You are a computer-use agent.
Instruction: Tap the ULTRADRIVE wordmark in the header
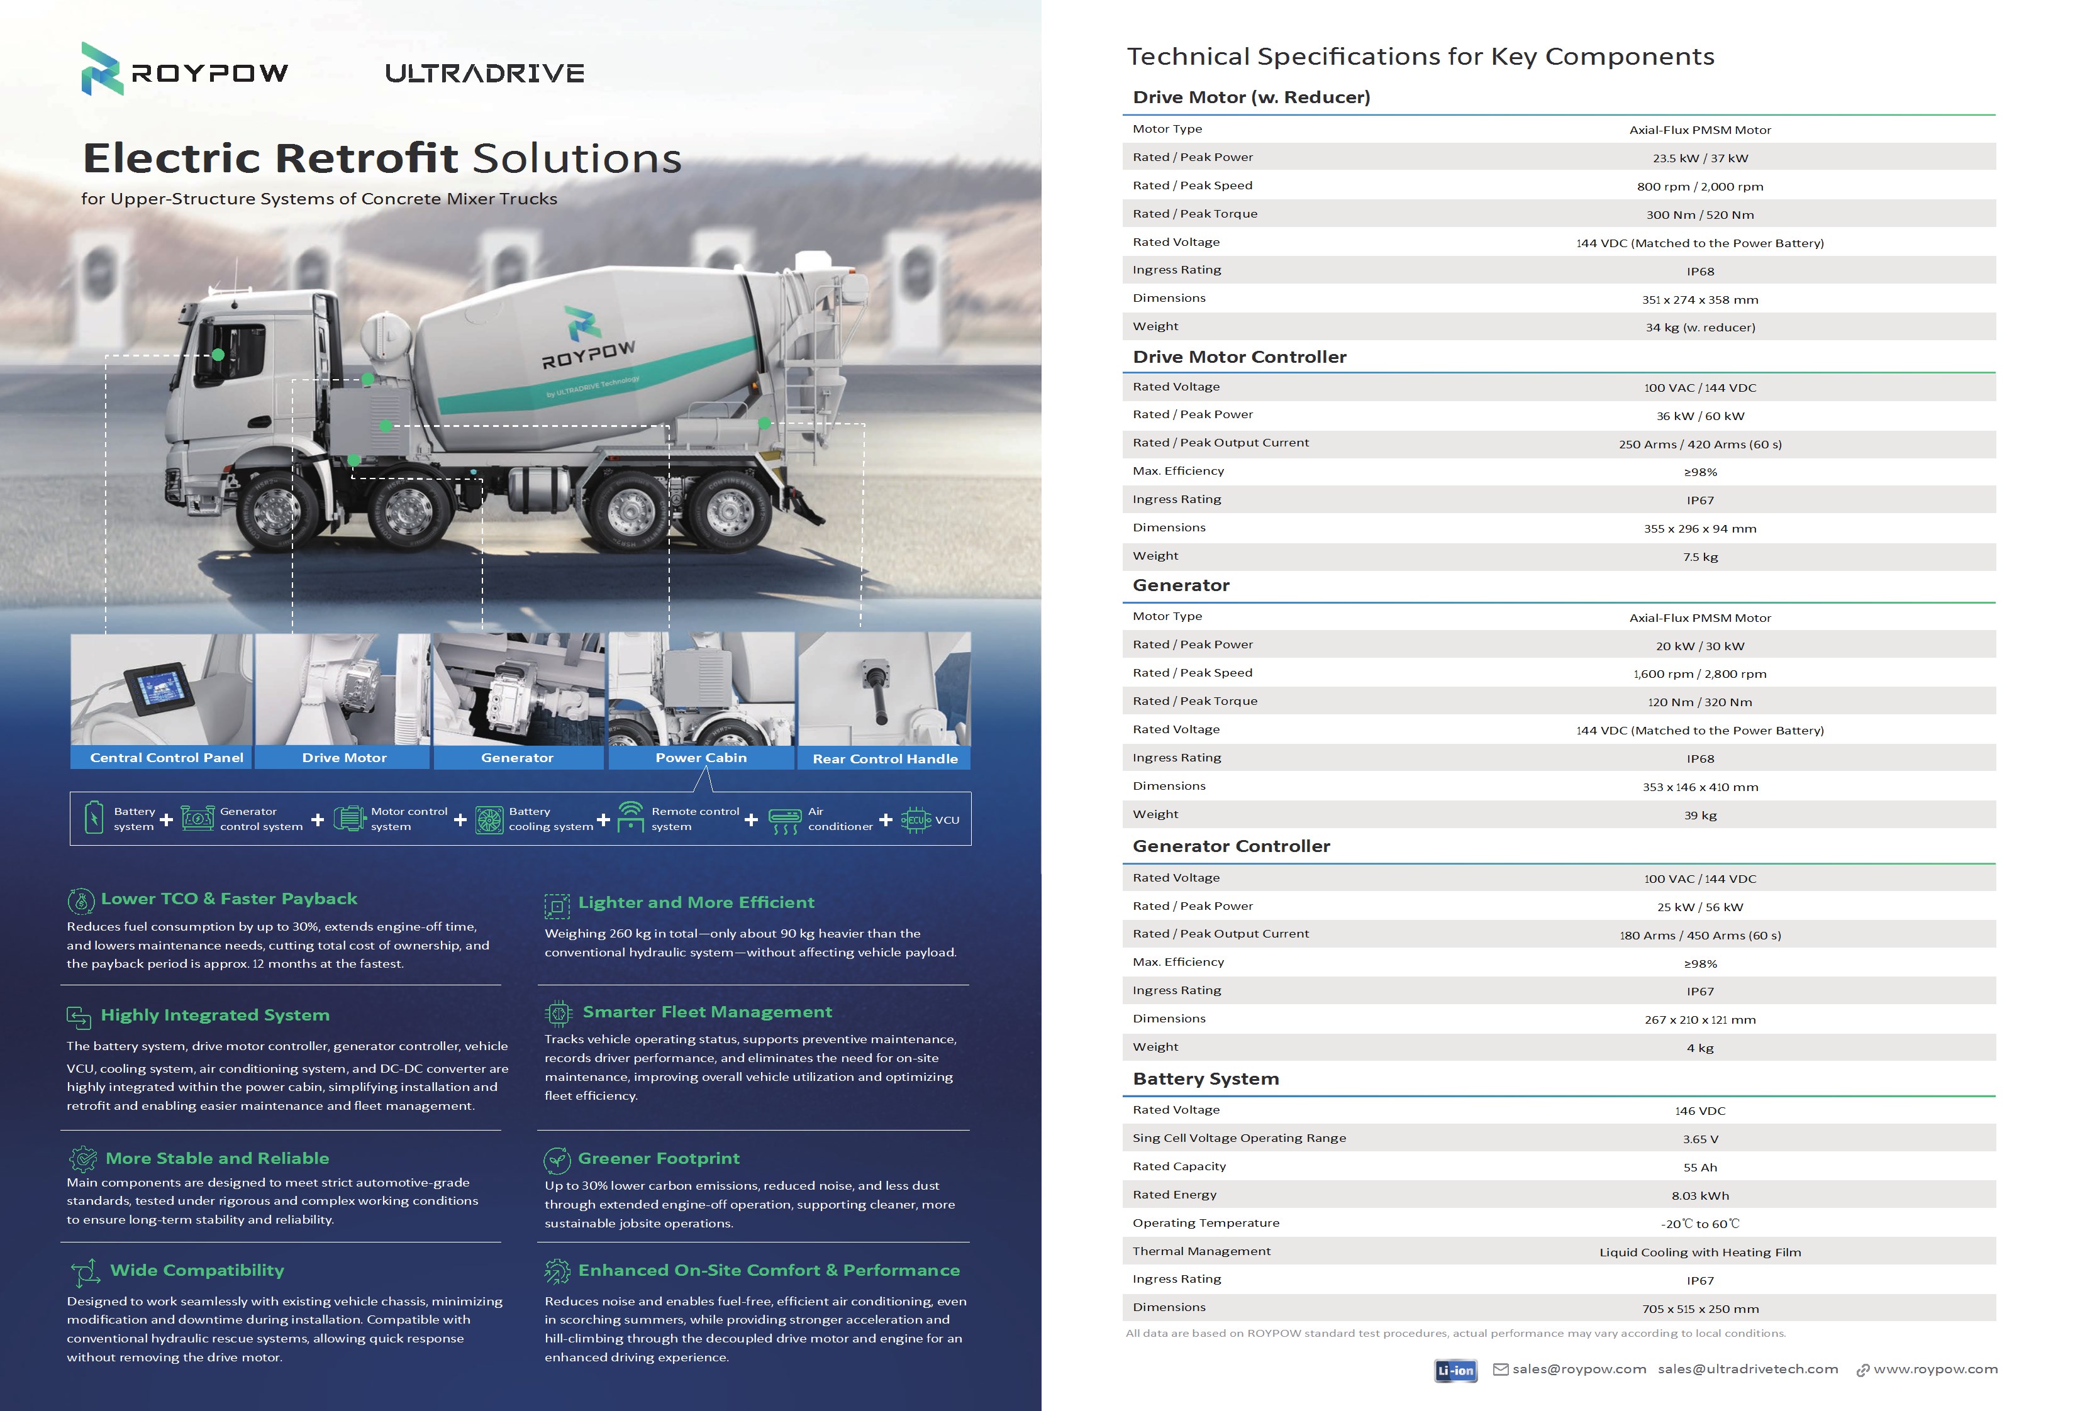[484, 74]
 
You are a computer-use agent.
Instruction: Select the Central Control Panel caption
[167, 758]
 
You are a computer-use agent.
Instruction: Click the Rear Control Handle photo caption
[884, 759]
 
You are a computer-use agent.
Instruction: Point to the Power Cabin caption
[701, 758]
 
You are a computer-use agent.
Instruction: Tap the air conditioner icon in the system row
[785, 819]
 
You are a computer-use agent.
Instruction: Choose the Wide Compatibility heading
[197, 1271]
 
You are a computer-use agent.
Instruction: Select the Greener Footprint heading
[659, 1159]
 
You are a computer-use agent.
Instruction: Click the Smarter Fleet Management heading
[707, 1012]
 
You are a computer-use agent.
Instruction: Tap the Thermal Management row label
[1201, 1251]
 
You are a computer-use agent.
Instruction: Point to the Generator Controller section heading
[1231, 846]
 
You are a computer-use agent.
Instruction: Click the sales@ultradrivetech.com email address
[1747, 1369]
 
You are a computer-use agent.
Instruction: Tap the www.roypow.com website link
[1935, 1369]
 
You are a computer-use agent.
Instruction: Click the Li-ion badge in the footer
[1455, 1370]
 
